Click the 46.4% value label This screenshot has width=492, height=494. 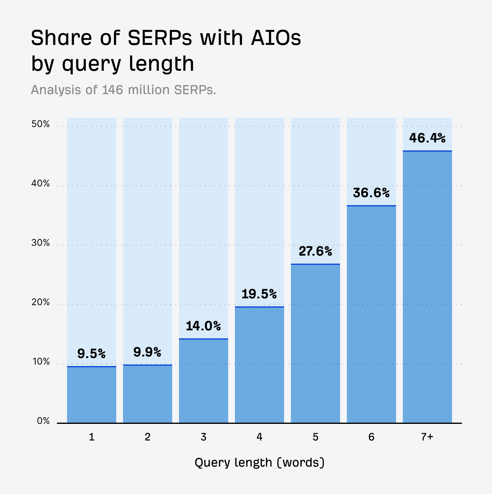[x=427, y=138]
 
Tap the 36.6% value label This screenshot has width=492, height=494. [x=371, y=193]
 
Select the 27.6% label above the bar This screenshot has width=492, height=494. [x=315, y=252]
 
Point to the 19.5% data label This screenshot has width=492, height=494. [x=259, y=294]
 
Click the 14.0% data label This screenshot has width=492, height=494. [x=203, y=326]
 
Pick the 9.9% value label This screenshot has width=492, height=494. [x=147, y=353]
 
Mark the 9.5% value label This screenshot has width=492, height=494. [x=91, y=354]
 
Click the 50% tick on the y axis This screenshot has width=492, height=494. [x=40, y=124]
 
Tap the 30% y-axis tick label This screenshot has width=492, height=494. [x=40, y=243]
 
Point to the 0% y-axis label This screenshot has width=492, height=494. [x=43, y=421]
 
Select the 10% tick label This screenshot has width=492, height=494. [x=41, y=362]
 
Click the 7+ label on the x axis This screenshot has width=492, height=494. [x=427, y=437]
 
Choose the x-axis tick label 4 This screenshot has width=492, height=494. [x=259, y=437]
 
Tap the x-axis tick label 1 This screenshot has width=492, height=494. [x=91, y=437]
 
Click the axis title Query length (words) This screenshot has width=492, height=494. [x=260, y=463]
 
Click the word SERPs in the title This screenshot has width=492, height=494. [x=160, y=38]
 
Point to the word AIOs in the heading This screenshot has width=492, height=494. [x=276, y=38]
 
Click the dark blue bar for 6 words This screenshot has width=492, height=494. [x=371, y=314]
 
